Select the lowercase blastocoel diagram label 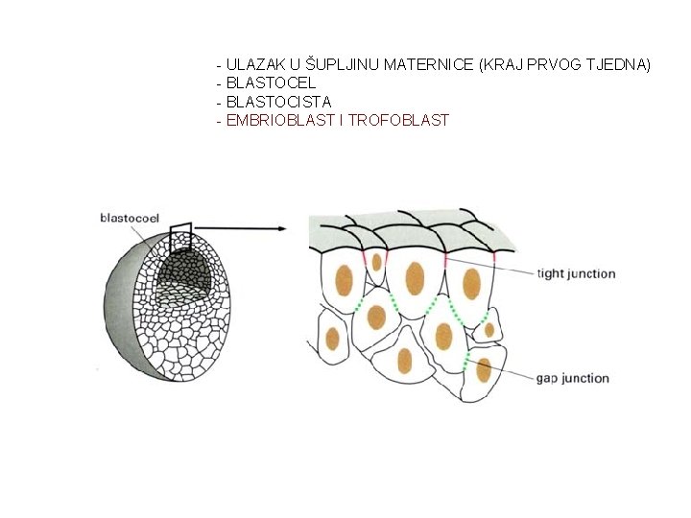(130, 218)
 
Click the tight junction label (576, 273)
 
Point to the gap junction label (573, 378)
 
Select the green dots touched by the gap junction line (467, 361)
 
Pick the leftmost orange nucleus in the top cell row (343, 279)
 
